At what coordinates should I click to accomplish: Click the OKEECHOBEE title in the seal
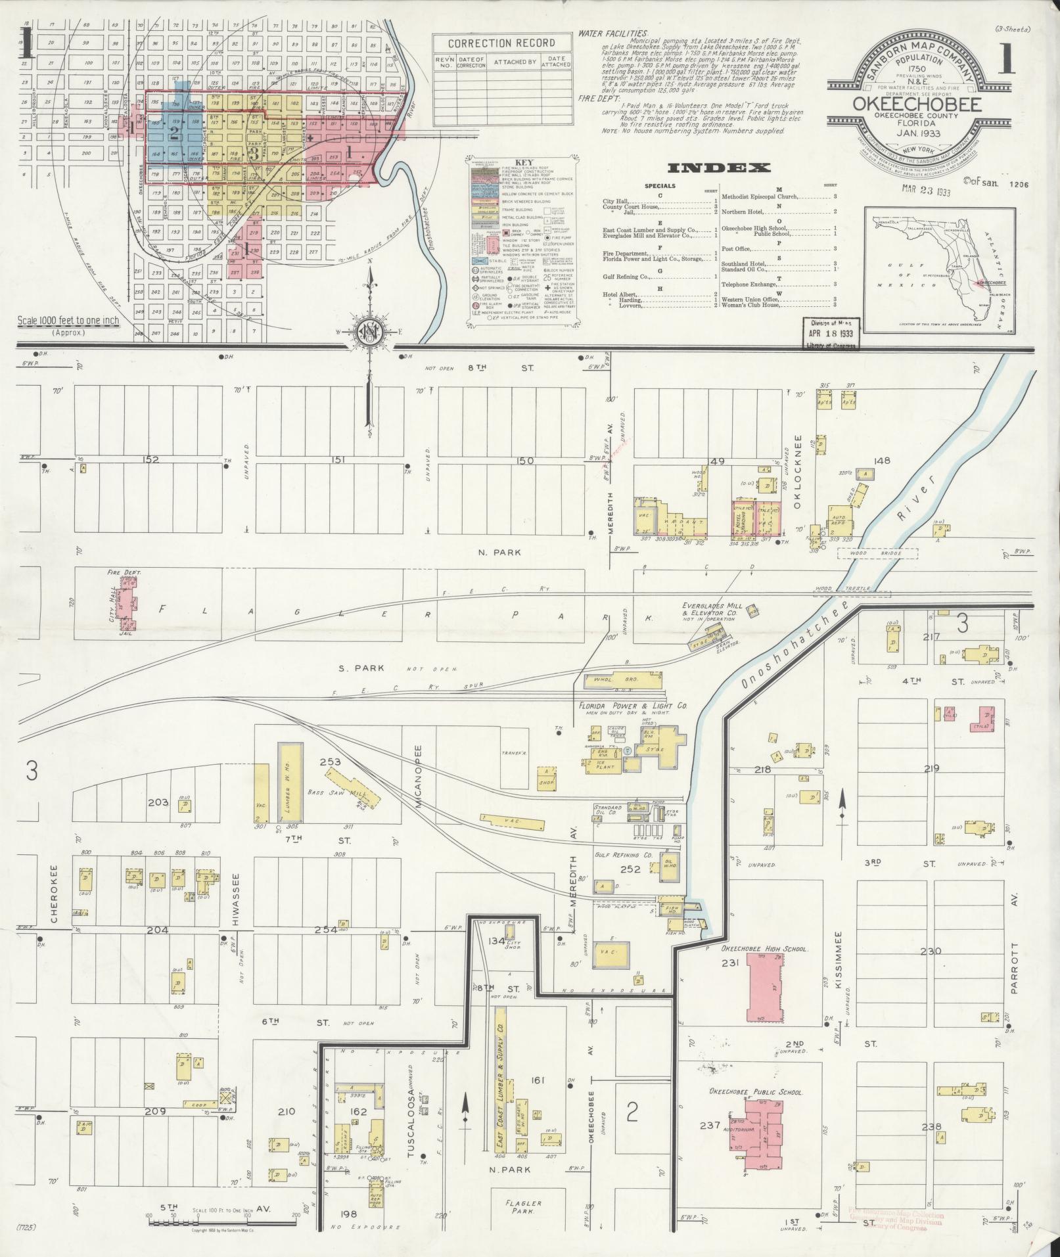tap(917, 104)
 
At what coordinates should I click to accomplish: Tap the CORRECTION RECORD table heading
tap(501, 43)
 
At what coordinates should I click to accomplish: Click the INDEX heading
tap(718, 168)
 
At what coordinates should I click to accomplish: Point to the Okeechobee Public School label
tap(755, 1091)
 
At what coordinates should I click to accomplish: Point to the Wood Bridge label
tap(877, 553)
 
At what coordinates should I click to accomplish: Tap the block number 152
tap(152, 459)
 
